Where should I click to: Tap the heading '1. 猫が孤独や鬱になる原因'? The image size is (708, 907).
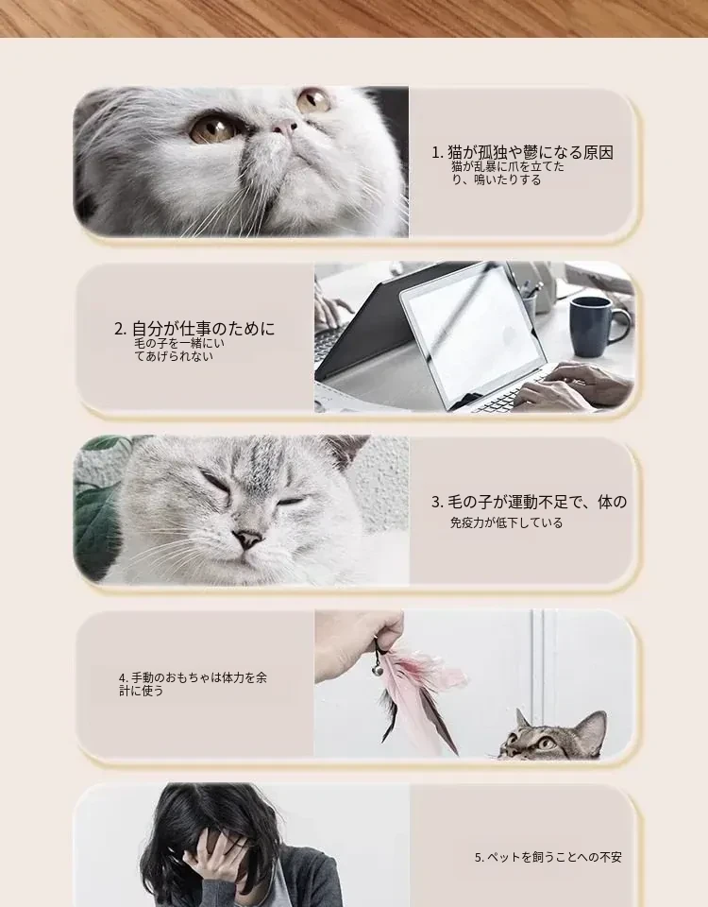(522, 153)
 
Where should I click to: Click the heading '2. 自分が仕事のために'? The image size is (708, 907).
(194, 329)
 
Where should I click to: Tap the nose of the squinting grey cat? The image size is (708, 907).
(248, 539)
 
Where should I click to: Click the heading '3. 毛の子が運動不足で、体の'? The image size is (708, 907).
(529, 502)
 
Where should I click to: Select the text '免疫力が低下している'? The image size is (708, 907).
(506, 522)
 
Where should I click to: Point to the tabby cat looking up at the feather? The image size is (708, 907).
(554, 736)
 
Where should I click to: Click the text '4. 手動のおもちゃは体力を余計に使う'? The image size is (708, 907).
(193, 684)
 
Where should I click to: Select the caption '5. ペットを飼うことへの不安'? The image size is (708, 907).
(548, 857)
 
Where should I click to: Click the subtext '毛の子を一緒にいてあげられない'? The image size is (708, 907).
(179, 350)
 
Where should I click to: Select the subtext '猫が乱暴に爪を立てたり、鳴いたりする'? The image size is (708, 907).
(508, 174)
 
